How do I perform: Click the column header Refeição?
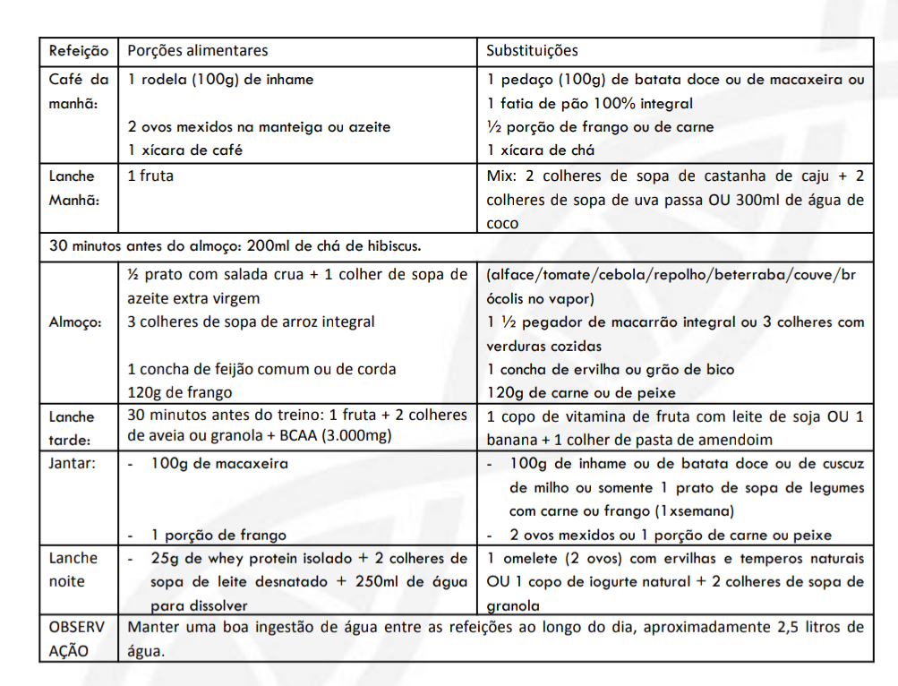point(79,51)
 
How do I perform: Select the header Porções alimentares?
point(198,51)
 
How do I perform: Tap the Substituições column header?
point(533,51)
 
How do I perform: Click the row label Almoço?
point(73,322)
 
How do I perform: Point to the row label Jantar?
point(73,464)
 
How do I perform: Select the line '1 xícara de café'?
point(184,150)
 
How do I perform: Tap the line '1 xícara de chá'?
point(541,150)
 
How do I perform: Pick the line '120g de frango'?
point(180,392)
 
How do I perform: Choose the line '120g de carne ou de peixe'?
point(581,392)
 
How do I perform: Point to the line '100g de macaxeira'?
point(219,464)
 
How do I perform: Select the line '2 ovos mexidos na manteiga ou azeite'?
point(260,127)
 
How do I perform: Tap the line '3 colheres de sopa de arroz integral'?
point(252,322)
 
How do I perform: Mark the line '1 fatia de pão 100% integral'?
point(590,103)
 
